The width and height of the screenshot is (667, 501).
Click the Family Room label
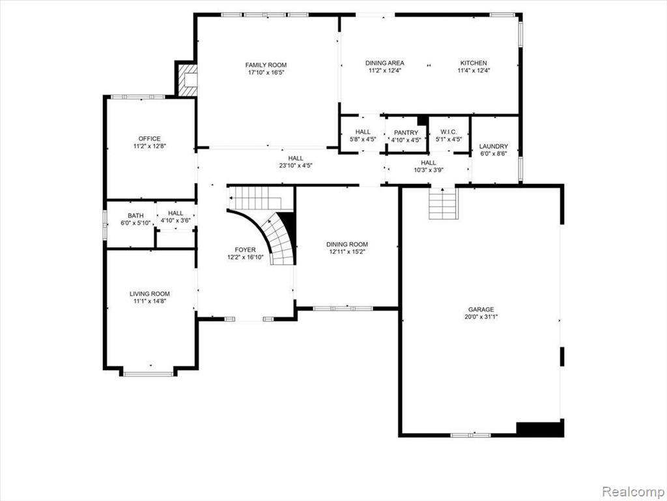pyautogui.click(x=266, y=65)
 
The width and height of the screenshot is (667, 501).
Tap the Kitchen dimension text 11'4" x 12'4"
pyautogui.click(x=474, y=70)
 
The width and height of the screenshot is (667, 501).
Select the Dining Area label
pyautogui.click(x=384, y=63)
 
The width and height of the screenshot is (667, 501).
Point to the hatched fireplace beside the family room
pyautogui.click(x=187, y=80)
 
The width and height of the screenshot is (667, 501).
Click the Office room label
pyautogui.click(x=149, y=138)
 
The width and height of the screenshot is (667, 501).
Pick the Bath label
pyautogui.click(x=135, y=216)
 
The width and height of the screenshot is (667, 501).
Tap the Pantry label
pyautogui.click(x=406, y=133)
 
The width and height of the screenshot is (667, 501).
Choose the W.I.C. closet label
pyautogui.click(x=449, y=132)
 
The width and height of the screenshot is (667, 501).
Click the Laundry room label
pyautogui.click(x=494, y=146)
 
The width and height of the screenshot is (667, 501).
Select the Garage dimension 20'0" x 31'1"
pyautogui.click(x=481, y=316)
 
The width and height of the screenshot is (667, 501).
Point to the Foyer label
pyautogui.click(x=246, y=250)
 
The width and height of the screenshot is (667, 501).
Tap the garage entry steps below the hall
pyautogui.click(x=443, y=204)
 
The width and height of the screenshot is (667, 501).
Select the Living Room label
pyautogui.click(x=150, y=294)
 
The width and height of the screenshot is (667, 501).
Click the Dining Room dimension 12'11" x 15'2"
pyautogui.click(x=347, y=251)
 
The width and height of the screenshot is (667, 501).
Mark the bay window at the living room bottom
pyautogui.click(x=149, y=374)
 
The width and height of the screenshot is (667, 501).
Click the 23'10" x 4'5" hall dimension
pyautogui.click(x=296, y=166)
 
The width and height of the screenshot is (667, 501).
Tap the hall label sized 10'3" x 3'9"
pyautogui.click(x=429, y=162)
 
